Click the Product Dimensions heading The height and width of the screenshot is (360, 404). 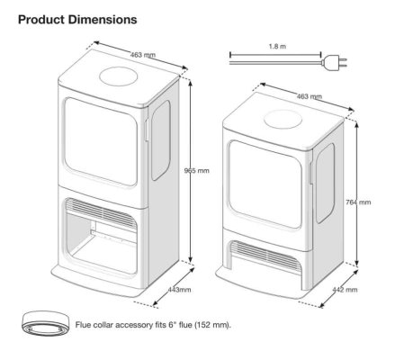[x=77, y=20]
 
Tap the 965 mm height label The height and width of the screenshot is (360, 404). [x=197, y=171]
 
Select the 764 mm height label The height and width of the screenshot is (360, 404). [x=358, y=202]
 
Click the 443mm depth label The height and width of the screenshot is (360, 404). [x=179, y=290]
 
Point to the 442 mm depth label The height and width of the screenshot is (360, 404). [x=345, y=290]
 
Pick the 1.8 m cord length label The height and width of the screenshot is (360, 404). [x=277, y=47]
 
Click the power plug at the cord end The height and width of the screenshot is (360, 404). [x=334, y=63]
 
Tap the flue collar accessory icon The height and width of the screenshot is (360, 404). [x=45, y=324]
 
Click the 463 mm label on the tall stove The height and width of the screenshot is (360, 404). [x=143, y=55]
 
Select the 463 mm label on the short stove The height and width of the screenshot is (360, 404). [x=310, y=96]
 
